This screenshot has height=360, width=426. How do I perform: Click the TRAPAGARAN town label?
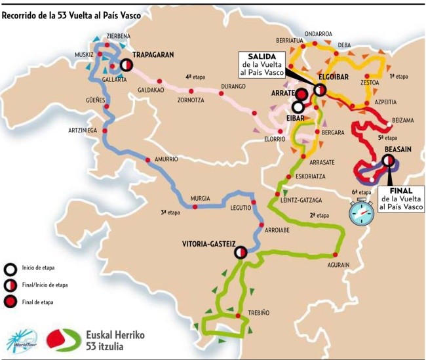point(153,56)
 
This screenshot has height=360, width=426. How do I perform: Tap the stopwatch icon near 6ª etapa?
point(360,212)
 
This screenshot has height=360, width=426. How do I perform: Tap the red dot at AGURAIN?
point(335,254)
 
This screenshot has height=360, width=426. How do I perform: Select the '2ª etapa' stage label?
point(319,216)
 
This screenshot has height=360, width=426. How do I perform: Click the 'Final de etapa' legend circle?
point(10,302)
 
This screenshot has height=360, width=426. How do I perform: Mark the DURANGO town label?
point(233,86)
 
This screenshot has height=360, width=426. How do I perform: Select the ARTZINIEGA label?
point(83,130)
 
